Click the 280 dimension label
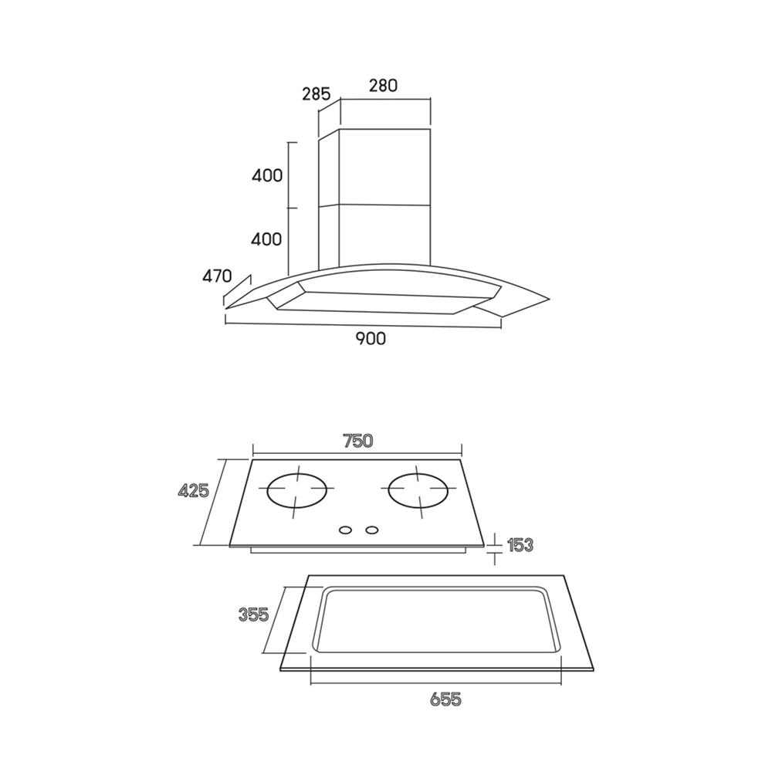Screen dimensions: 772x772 pos(383,85)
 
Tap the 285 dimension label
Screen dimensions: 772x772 pos(316,93)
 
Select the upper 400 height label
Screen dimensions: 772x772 pos(267,175)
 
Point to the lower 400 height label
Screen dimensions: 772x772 pos(266,239)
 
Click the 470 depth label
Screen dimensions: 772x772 pos(217,276)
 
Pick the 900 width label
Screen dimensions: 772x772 pos(371,338)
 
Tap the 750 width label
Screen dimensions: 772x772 pos(358,441)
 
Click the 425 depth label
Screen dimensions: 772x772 pos(194,490)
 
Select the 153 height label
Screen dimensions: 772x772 pos(520,545)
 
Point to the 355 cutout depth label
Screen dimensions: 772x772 pos(253,615)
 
